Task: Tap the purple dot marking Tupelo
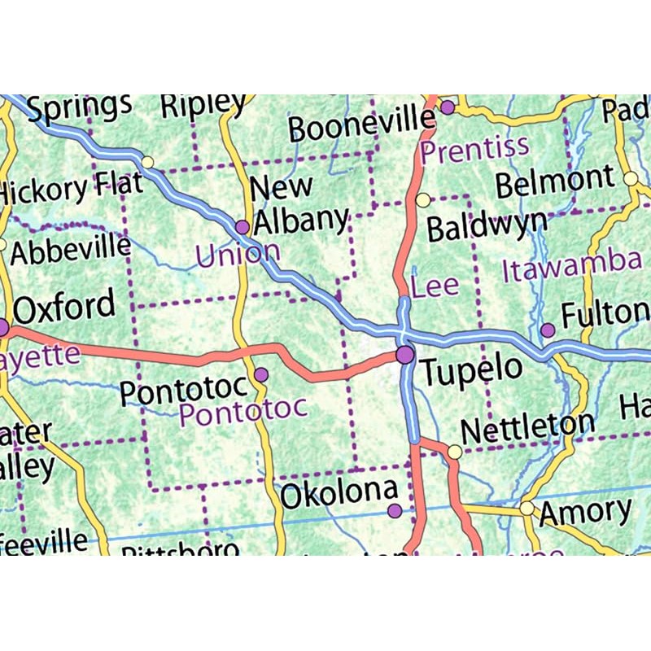coord(404,354)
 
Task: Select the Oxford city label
coord(64,308)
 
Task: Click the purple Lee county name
coord(435,286)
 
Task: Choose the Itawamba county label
coord(571,264)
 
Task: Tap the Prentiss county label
coord(474,148)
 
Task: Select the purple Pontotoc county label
coord(243,409)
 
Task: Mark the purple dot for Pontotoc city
coord(261,374)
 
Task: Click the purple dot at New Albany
coord(242,226)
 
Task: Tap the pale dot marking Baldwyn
coord(422,199)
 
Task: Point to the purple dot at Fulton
coord(548,330)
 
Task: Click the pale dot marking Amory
coord(527,508)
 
